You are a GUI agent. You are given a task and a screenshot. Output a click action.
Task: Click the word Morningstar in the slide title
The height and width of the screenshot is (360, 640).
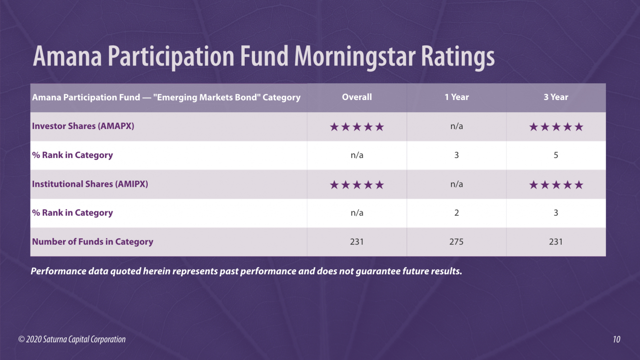(x=354, y=57)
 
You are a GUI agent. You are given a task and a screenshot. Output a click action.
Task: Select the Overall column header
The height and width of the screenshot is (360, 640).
(x=357, y=97)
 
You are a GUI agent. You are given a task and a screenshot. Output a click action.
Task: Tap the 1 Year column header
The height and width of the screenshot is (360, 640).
(x=456, y=97)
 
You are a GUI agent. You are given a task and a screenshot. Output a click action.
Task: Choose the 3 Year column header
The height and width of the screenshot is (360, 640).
(x=556, y=97)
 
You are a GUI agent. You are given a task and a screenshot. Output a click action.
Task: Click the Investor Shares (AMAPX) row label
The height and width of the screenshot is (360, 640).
(x=83, y=126)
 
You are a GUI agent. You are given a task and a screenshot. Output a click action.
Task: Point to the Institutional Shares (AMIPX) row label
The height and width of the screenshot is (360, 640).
(x=90, y=184)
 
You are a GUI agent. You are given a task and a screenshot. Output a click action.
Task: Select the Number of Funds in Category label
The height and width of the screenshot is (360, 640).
(x=93, y=242)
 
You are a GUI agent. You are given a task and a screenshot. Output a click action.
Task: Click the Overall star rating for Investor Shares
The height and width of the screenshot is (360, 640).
(x=357, y=127)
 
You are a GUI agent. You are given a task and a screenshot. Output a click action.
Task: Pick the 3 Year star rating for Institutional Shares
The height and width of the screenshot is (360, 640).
(x=556, y=185)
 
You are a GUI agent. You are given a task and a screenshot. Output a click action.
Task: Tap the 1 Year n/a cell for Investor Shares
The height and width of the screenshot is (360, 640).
(x=456, y=126)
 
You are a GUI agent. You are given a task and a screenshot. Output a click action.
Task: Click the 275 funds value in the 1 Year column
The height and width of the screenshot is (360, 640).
(x=456, y=242)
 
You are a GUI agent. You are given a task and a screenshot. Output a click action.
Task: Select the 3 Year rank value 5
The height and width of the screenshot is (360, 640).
(x=556, y=155)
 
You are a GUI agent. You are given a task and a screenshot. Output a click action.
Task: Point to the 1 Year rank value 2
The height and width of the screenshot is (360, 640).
(x=456, y=213)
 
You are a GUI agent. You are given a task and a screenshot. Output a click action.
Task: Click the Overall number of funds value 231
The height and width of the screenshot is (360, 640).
(x=357, y=242)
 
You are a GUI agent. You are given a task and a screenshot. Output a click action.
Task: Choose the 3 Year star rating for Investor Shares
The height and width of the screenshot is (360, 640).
(x=556, y=127)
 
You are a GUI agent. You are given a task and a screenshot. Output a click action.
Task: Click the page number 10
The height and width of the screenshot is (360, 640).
(x=616, y=339)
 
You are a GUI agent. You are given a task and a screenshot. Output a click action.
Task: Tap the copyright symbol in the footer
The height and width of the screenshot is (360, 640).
(x=21, y=339)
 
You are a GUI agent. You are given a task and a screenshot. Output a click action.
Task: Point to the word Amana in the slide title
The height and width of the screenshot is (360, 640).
(x=67, y=57)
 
